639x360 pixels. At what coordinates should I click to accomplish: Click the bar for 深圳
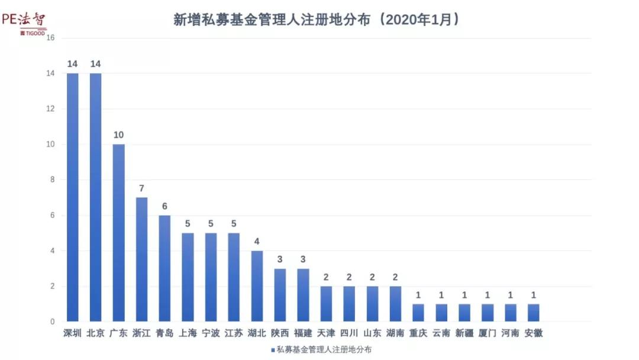[72, 197]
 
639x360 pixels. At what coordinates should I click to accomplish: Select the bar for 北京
[95, 197]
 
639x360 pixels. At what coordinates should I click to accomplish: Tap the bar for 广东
[118, 233]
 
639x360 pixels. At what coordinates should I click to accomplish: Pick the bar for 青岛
[164, 268]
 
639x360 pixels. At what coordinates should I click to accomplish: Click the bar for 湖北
[257, 286]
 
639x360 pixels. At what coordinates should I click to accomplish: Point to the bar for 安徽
[534, 313]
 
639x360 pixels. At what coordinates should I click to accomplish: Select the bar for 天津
[326, 304]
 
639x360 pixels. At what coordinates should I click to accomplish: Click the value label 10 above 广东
[118, 135]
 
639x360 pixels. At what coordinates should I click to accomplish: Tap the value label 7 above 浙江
[141, 188]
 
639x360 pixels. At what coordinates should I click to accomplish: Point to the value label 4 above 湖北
[257, 242]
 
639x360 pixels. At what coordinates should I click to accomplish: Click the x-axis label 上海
[188, 333]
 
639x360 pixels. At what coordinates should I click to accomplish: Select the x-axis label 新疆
[464, 333]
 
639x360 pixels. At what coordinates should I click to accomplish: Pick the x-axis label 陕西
[280, 333]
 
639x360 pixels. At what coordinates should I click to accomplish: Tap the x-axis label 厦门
[488, 333]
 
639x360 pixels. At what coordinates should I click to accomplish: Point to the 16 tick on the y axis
[50, 38]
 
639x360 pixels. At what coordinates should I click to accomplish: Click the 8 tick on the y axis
[51, 180]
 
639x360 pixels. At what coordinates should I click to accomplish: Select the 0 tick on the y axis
[52, 322]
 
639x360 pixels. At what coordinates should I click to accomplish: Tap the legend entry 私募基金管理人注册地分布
[320, 350]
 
